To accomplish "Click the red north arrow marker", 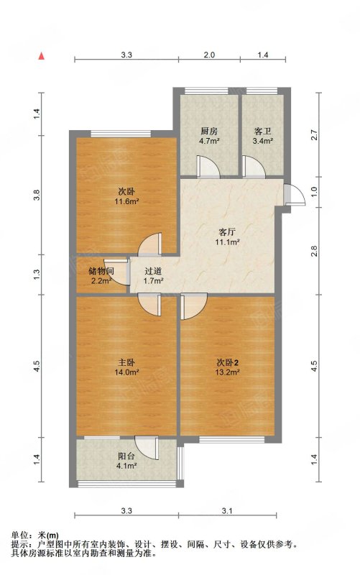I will pyautogui.click(x=42, y=55).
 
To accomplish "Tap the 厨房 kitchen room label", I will pyautogui.click(x=209, y=132).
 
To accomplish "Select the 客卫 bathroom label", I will pyautogui.click(x=263, y=132).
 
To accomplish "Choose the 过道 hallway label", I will pyautogui.click(x=153, y=271).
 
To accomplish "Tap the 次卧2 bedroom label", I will pyautogui.click(x=227, y=362).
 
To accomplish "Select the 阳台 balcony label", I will pyautogui.click(x=126, y=454).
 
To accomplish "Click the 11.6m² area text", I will pyautogui.click(x=127, y=203).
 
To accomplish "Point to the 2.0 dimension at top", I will pyautogui.click(x=209, y=55).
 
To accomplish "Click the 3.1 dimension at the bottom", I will pyautogui.click(x=228, y=511).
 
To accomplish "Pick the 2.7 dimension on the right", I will pyautogui.click(x=313, y=134).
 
